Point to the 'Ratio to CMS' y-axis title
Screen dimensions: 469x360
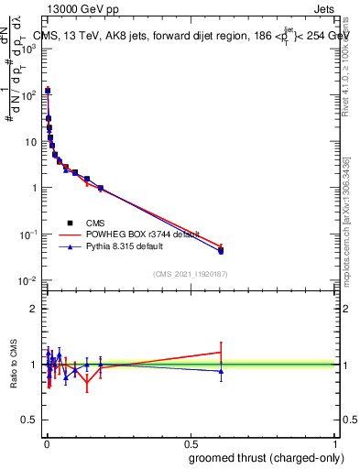coord(13,365)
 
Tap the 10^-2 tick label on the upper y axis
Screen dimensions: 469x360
coord(27,280)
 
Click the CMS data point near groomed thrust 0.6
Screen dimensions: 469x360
coord(221,251)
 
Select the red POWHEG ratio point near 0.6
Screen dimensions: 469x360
coord(221,352)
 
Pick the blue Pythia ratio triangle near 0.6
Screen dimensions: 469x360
coord(221,371)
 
